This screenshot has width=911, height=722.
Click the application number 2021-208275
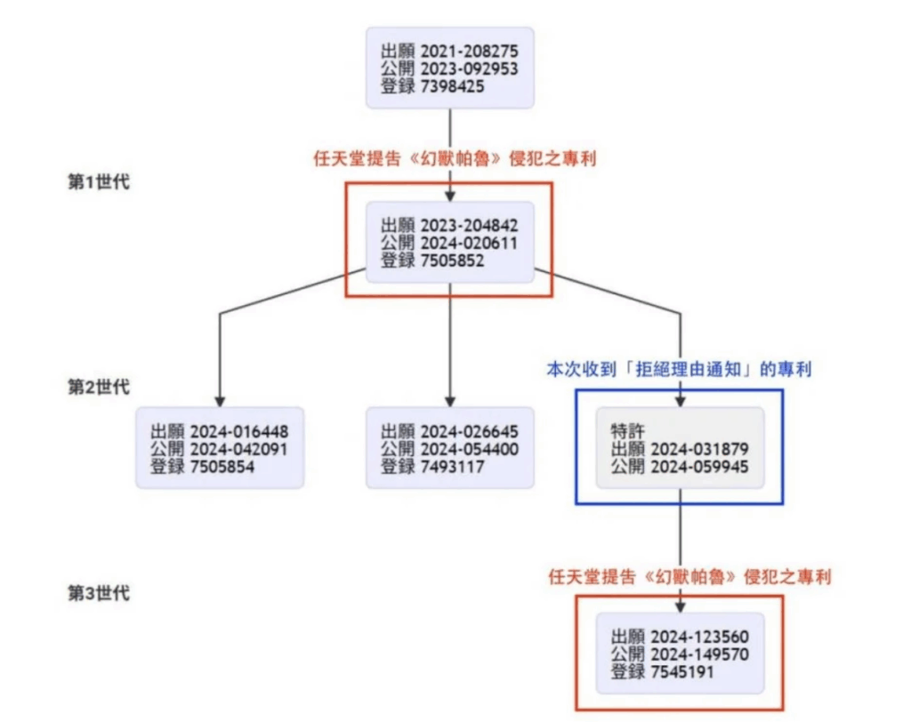click(469, 51)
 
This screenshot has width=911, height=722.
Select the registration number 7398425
click(452, 86)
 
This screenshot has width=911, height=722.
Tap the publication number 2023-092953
click(469, 68)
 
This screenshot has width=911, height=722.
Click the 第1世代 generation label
click(99, 181)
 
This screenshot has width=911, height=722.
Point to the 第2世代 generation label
click(99, 387)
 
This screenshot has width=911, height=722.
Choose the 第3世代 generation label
click(99, 593)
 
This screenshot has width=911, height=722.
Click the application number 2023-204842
click(469, 225)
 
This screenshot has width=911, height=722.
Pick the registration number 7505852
click(452, 261)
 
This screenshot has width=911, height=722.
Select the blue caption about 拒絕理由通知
click(679, 369)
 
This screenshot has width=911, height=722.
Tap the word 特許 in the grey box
click(627, 431)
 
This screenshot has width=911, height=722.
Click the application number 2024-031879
click(699, 449)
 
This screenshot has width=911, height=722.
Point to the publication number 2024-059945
click(699, 467)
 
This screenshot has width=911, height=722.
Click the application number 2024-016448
click(238, 431)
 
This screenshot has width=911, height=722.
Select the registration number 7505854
click(222, 467)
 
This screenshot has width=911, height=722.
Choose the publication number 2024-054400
click(470, 449)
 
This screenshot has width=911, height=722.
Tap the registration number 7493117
click(452, 467)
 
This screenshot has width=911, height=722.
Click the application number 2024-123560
click(699, 637)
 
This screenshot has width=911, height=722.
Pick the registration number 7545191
click(682, 672)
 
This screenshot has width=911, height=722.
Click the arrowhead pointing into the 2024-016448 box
click(220, 401)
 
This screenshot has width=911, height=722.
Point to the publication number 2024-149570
click(699, 654)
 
